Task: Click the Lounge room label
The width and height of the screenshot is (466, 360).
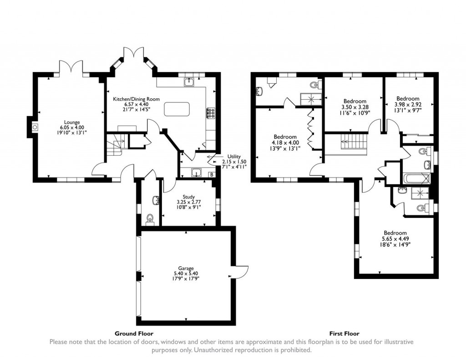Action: tap(72, 122)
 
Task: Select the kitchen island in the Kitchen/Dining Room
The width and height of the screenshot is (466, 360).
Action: tap(177, 110)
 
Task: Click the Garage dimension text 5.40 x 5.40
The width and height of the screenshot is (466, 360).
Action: tap(186, 274)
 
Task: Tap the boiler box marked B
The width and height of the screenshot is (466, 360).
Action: tap(211, 174)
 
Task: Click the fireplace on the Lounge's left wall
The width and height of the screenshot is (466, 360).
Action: tap(35, 127)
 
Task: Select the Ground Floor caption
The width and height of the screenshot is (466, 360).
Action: tap(134, 333)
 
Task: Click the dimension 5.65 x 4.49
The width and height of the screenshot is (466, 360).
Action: tap(395, 238)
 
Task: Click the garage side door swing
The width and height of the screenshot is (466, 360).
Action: tap(241, 272)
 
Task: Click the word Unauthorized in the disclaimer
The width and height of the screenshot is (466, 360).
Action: tap(217, 350)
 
